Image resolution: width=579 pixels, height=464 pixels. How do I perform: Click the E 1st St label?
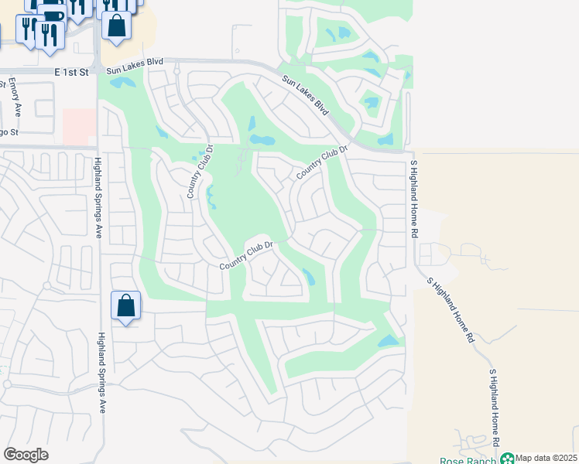click(x=72, y=70)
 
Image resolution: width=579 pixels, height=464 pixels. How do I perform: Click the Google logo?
click(x=26, y=455)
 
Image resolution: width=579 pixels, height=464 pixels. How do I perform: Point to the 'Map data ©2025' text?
click(x=546, y=459)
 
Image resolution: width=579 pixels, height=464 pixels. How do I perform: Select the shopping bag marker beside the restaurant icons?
click(x=116, y=26)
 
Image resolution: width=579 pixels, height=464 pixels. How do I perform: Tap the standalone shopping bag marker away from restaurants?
click(x=125, y=306)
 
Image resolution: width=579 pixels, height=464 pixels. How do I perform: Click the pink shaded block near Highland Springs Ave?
click(x=79, y=126)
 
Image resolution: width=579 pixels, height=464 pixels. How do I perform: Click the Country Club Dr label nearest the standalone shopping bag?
click(x=247, y=256)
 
